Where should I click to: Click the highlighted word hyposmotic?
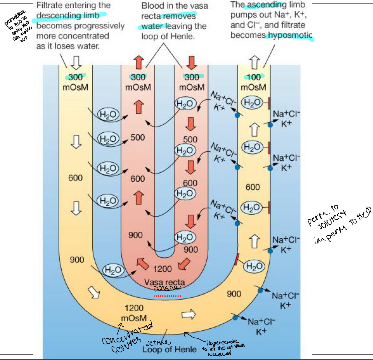[x=290, y=35]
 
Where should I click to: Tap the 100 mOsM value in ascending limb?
[x=254, y=77]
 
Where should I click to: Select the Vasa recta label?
[x=164, y=282]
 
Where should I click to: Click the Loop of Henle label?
[x=169, y=349]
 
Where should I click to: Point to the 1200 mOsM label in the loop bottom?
[x=134, y=313]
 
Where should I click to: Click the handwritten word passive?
[x=165, y=289]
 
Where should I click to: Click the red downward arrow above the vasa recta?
[x=191, y=63]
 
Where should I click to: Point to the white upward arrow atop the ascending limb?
[x=254, y=62]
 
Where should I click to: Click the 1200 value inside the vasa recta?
[x=162, y=269]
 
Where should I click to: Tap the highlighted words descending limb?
[x=68, y=15]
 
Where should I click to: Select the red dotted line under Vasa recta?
[x=167, y=296]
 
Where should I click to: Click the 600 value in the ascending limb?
[x=253, y=187]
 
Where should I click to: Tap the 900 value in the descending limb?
[x=77, y=260]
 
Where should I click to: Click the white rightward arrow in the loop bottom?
[x=188, y=314]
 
